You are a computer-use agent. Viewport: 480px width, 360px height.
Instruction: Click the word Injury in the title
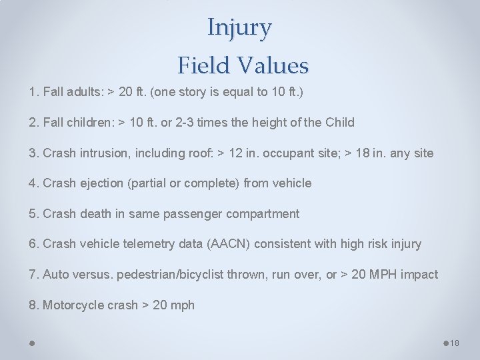click(x=239, y=27)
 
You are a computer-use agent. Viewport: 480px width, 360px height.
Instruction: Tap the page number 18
click(x=455, y=343)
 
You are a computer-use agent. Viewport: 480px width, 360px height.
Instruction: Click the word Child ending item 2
click(x=339, y=123)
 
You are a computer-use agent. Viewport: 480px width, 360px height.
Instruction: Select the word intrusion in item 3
click(x=102, y=153)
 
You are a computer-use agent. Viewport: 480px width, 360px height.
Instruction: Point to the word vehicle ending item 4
click(x=291, y=183)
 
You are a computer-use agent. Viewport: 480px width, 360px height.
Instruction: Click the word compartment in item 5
click(x=263, y=214)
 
